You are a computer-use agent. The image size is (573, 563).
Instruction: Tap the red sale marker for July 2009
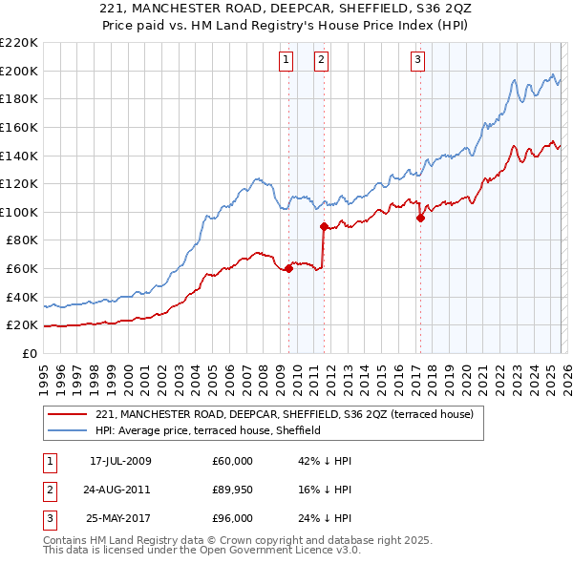coord(288,268)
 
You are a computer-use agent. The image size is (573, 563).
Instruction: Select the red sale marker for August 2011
coord(324,226)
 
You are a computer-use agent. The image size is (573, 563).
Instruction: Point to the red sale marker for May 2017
coord(420,218)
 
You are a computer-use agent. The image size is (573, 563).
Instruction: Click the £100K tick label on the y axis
coord(19,212)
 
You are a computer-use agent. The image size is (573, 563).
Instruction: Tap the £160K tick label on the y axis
coord(19,127)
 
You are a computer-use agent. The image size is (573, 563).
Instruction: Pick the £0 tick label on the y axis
coord(31,354)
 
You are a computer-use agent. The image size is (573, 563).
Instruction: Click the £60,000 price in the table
coord(233,461)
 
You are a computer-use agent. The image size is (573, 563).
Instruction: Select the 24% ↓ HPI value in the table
coord(325,518)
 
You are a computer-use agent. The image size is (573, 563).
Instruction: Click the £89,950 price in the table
coord(233,490)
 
